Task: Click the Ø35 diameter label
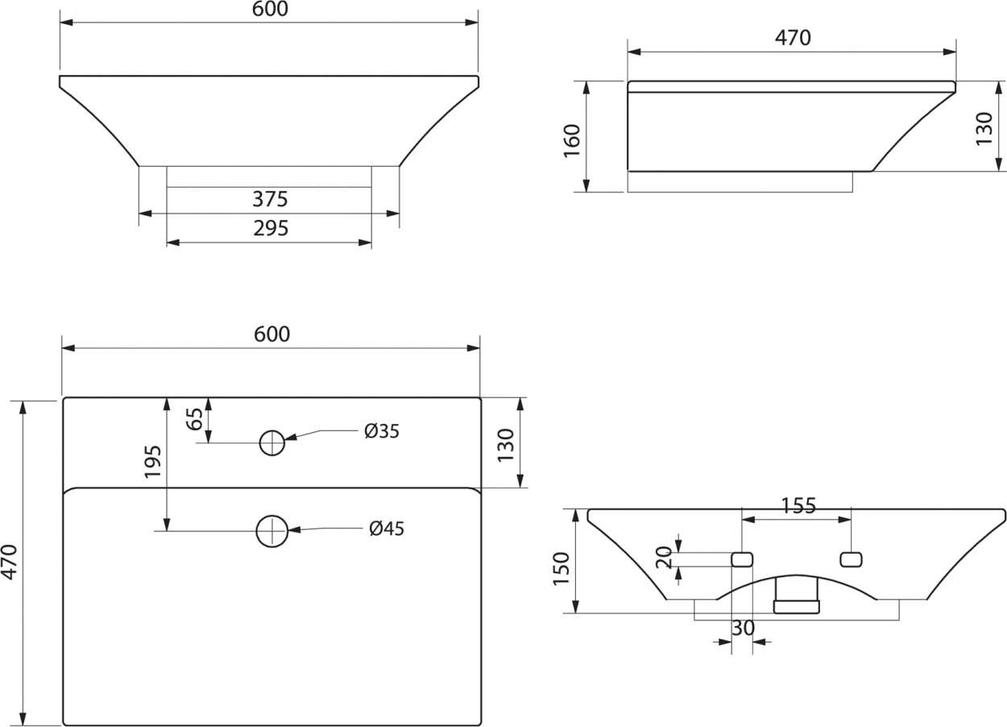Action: pyautogui.click(x=382, y=431)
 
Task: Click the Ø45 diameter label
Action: pyautogui.click(x=387, y=529)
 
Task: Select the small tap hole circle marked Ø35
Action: pyautogui.click(x=272, y=442)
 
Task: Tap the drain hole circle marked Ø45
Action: pyautogui.click(x=272, y=531)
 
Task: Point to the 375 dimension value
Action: pyautogui.click(x=270, y=199)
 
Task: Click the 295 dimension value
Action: pyautogui.click(x=271, y=228)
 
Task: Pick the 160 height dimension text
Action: pyautogui.click(x=572, y=141)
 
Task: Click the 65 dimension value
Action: pyautogui.click(x=195, y=419)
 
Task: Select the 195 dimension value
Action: pyautogui.click(x=153, y=462)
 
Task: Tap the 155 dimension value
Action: pyautogui.click(x=798, y=505)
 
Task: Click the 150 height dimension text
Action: pyautogui.click(x=561, y=568)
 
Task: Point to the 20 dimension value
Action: pyautogui.click(x=664, y=557)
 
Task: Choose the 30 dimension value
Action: pyautogui.click(x=744, y=628)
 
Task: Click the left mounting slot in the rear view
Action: pyautogui.click(x=742, y=559)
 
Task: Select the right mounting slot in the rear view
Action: pyautogui.click(x=852, y=559)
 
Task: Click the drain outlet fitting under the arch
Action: pyautogui.click(x=796, y=596)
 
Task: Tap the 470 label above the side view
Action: pyautogui.click(x=793, y=38)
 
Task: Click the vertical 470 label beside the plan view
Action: pyautogui.click(x=10, y=562)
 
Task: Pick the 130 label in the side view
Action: pyautogui.click(x=984, y=128)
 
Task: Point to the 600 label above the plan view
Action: pyautogui.click(x=272, y=334)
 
